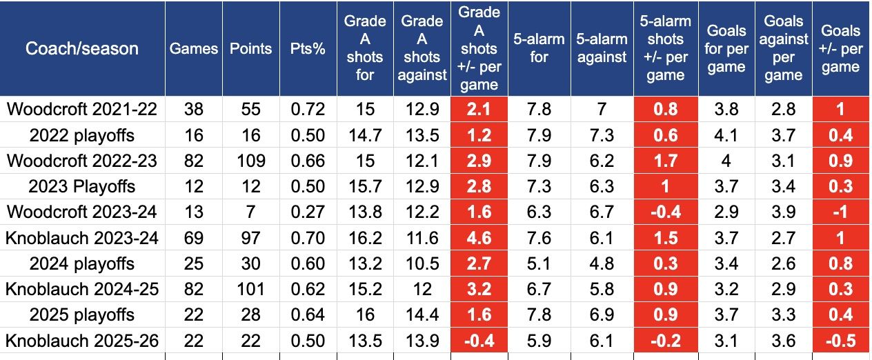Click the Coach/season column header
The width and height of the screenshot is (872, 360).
tap(82, 48)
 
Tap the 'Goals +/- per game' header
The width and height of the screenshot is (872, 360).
tap(840, 48)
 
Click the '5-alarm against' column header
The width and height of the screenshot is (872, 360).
tap(602, 48)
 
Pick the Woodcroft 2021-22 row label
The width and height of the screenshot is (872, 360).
tap(82, 109)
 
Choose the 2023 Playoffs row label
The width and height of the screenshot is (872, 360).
tap(82, 186)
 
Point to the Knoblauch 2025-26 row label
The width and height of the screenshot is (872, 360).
tap(82, 341)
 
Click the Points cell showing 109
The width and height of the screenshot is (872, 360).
tap(250, 161)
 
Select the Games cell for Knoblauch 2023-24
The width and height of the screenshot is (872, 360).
tap(194, 238)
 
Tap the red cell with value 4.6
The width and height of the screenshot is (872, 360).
tap(479, 238)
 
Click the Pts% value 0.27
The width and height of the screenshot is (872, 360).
tap(308, 212)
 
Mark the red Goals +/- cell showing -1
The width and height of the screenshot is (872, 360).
tap(840, 212)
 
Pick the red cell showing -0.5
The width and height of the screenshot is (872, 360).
tap(840, 341)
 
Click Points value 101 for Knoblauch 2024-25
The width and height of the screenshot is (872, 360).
tap(250, 289)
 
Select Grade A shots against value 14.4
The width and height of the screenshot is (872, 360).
tap(422, 315)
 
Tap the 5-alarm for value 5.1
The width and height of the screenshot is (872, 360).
tap(538, 263)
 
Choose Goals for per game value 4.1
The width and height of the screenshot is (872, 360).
tap(726, 135)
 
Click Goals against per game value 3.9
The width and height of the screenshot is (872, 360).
tap(783, 212)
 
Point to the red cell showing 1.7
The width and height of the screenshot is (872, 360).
tap(665, 161)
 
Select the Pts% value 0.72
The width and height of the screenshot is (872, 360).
tap(308, 109)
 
